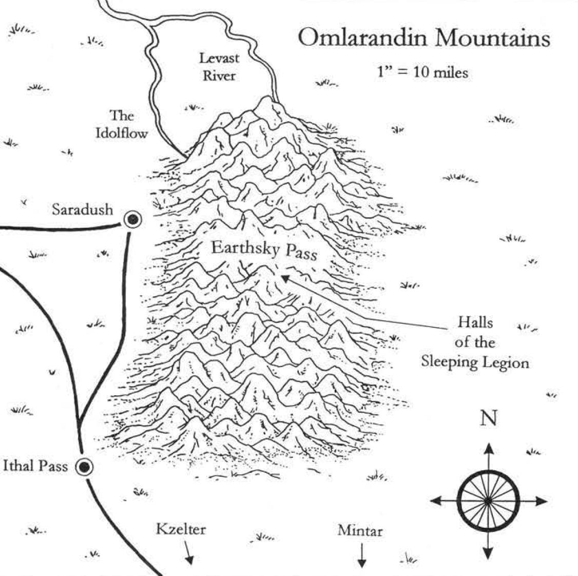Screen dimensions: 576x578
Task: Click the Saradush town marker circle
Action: [x=133, y=220]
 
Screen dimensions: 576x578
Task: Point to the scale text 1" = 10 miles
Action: [x=422, y=72]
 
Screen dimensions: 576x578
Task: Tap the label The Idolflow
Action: [x=122, y=125]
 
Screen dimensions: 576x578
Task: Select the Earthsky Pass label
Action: [x=264, y=251]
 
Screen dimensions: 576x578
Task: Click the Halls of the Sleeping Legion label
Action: [x=475, y=342]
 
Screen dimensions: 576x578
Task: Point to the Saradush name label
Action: [x=82, y=209]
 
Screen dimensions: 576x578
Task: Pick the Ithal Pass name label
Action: [x=35, y=466]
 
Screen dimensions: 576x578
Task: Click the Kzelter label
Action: [x=181, y=529]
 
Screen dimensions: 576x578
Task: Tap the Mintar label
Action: [x=360, y=530]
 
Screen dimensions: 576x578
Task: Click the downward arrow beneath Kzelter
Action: [x=189, y=559]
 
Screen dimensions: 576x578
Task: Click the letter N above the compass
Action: [x=488, y=418]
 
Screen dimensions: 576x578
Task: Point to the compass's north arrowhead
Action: [x=488, y=448]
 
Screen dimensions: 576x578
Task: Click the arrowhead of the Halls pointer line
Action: [x=283, y=278]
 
